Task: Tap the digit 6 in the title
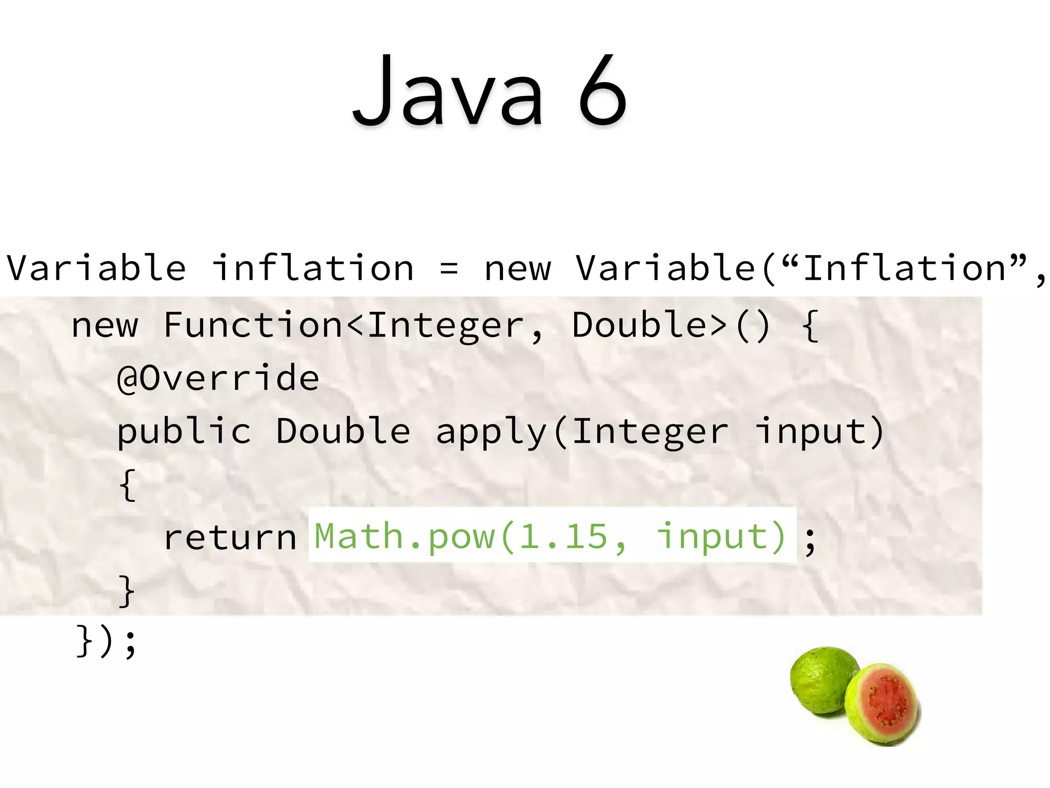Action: [x=603, y=91]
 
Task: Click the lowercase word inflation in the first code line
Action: [x=313, y=268]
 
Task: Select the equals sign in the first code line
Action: [x=449, y=269]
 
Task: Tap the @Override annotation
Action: [x=218, y=378]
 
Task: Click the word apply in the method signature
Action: [x=491, y=432]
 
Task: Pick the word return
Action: [x=230, y=537]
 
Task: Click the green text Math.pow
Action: [x=405, y=537]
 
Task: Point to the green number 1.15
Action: [x=563, y=537]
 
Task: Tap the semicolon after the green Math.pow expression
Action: [x=810, y=541]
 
